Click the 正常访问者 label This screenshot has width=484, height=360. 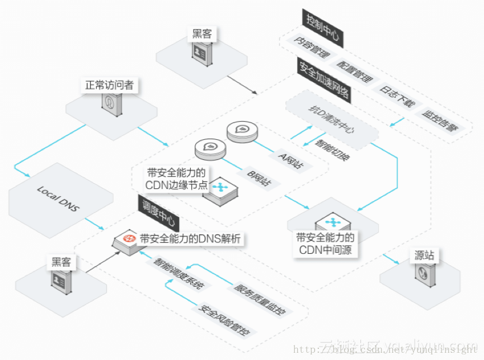click(x=109, y=86)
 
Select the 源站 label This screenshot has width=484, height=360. click(x=425, y=256)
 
